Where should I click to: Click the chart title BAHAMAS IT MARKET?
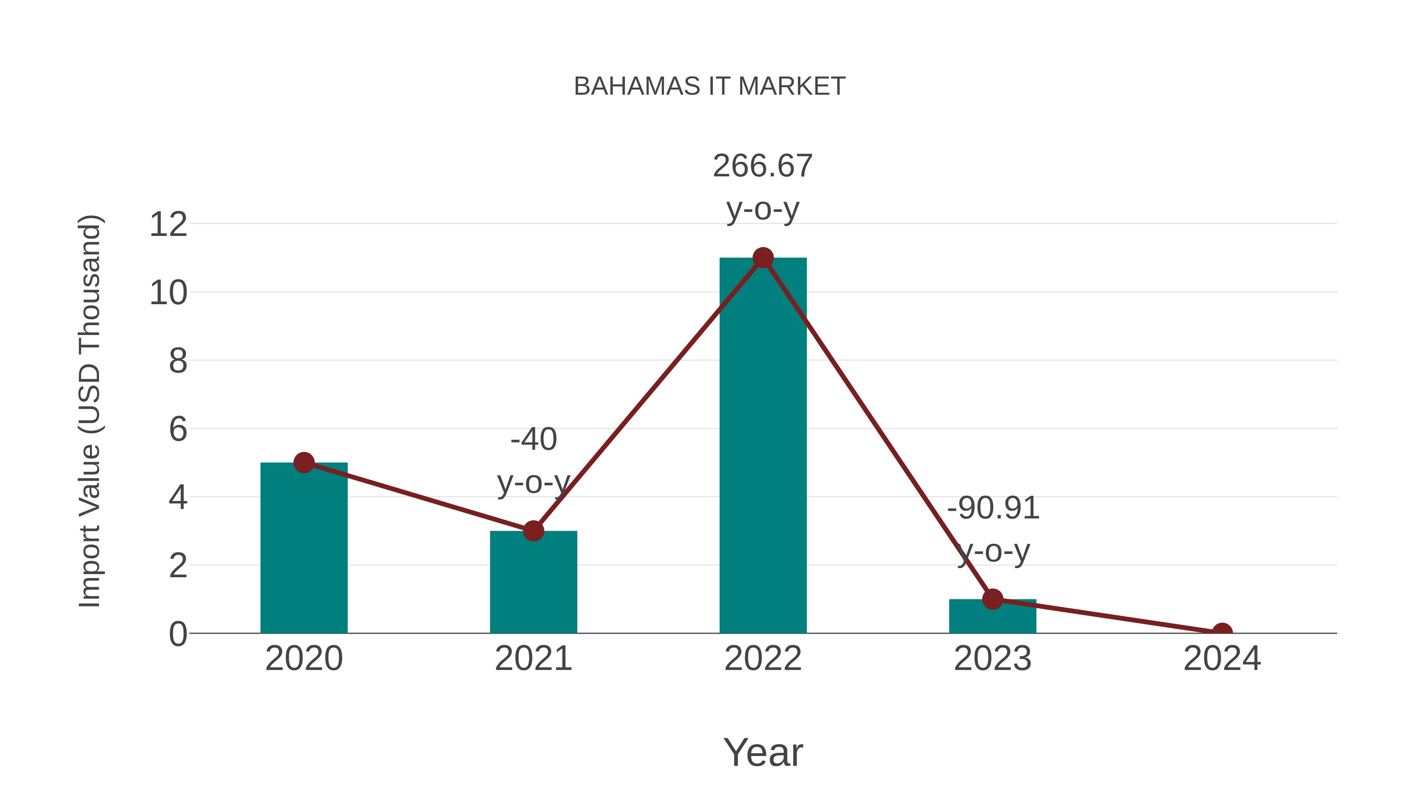(x=710, y=86)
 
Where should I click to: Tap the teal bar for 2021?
(x=533, y=584)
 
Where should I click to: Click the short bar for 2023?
(x=992, y=617)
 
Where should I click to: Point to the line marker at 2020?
(x=304, y=463)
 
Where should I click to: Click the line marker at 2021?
(x=533, y=531)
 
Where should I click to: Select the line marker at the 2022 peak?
(x=763, y=258)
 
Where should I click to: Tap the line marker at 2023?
(x=992, y=599)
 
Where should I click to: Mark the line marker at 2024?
(x=1222, y=632)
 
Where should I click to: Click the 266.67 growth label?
(x=762, y=166)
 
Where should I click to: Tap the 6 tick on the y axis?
(x=177, y=429)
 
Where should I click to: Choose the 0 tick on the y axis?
(x=177, y=634)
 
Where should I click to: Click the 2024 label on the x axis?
(x=1222, y=659)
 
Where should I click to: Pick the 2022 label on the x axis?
(x=763, y=659)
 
